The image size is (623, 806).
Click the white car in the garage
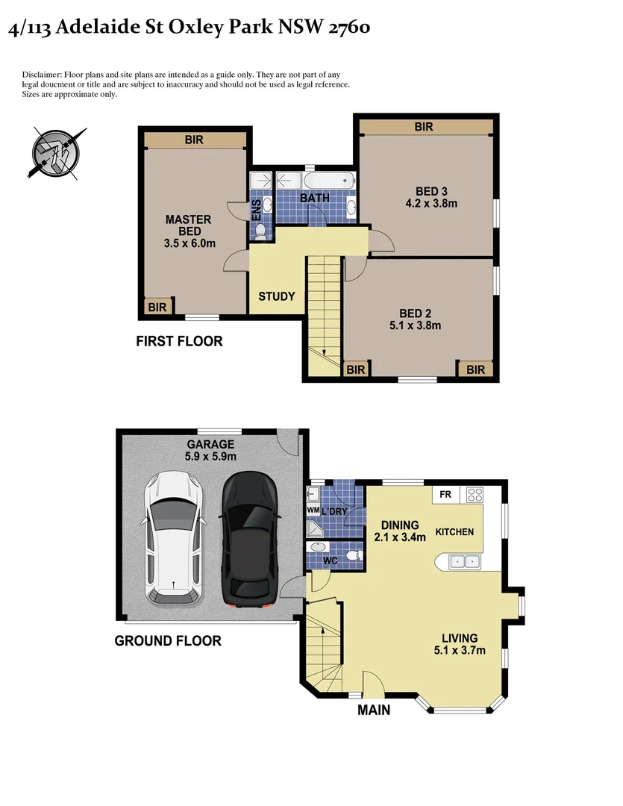(x=173, y=537)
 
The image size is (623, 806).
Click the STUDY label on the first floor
(x=277, y=296)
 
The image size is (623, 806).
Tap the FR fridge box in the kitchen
(x=445, y=494)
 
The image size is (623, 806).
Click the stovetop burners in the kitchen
(x=473, y=494)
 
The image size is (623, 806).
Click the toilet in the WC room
(x=355, y=556)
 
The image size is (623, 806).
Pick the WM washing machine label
(x=313, y=510)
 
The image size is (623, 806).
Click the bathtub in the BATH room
(x=325, y=181)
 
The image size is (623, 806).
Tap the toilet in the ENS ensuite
(x=259, y=232)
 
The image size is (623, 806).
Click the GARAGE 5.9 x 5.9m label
(x=210, y=450)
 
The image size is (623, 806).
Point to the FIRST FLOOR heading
(x=179, y=342)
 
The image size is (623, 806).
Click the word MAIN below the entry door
(x=374, y=710)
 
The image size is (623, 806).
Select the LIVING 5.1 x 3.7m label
(x=459, y=644)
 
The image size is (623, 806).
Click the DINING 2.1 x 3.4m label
(x=399, y=531)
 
